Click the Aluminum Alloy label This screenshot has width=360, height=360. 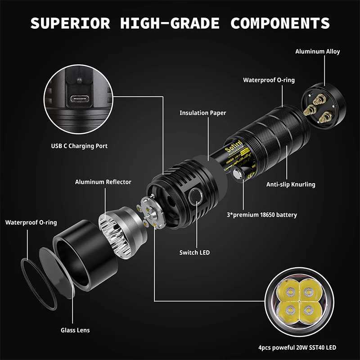[x=317, y=51]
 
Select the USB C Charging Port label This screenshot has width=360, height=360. [x=79, y=146]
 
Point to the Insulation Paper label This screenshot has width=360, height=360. [x=202, y=113]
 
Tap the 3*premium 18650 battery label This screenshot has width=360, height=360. [x=261, y=215]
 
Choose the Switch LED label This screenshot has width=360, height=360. [x=194, y=252]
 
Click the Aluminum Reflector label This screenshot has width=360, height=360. [x=103, y=182]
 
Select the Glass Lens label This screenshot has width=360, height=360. [x=75, y=330]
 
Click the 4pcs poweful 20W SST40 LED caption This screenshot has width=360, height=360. [x=297, y=347]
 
